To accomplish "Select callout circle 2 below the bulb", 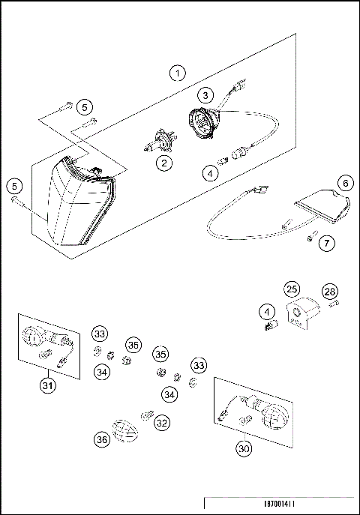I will (162, 161).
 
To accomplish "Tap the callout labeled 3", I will (206, 94).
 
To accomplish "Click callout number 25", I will (290, 289).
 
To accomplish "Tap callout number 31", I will (48, 387).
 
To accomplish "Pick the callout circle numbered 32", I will (161, 423).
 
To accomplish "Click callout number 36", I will (103, 441).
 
